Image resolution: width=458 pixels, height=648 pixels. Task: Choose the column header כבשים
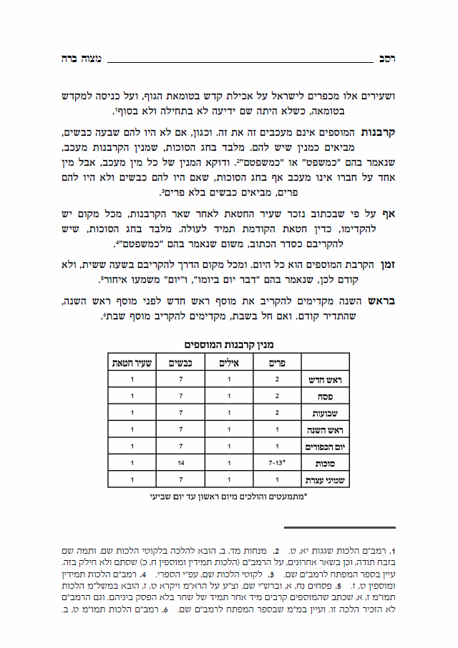[x=182, y=362]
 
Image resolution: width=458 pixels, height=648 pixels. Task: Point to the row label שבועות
[x=324, y=414]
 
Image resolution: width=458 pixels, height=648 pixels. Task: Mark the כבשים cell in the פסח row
[x=182, y=397]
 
